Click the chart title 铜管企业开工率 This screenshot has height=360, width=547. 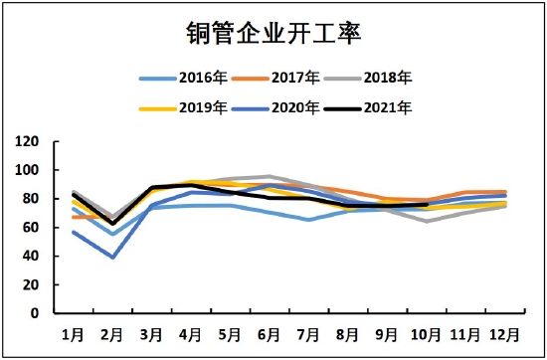273,33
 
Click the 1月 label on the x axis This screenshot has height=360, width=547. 74,332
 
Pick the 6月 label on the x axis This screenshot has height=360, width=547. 269,332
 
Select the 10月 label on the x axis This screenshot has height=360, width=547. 425,332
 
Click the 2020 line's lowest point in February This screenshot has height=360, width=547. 112,258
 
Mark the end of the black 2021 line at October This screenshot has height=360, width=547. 427,204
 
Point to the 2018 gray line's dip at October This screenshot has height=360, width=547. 427,221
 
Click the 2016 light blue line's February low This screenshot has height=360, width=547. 112,235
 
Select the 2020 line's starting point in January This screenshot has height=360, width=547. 74,232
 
